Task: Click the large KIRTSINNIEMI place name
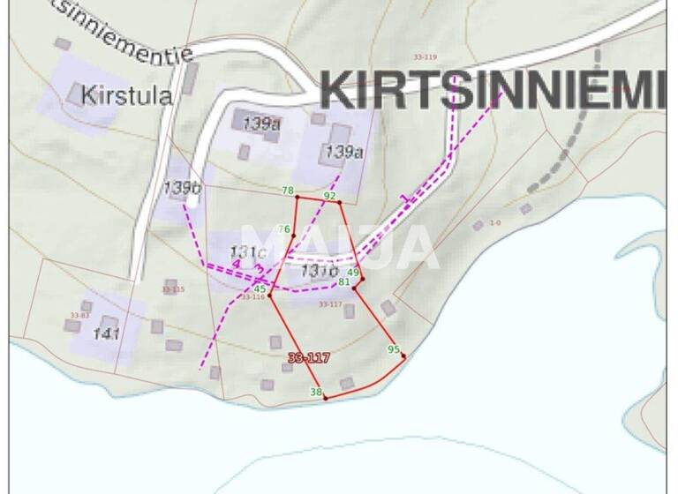click(x=492, y=89)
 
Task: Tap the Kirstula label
click(x=125, y=95)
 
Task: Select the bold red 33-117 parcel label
click(x=309, y=357)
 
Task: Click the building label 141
click(x=106, y=333)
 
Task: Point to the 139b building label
click(x=183, y=187)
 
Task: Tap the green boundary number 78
click(x=288, y=191)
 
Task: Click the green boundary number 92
click(x=330, y=196)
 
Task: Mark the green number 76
click(x=283, y=230)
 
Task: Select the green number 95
click(x=394, y=349)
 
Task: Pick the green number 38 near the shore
click(x=315, y=392)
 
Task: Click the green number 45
click(x=260, y=289)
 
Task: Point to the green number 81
click(x=344, y=282)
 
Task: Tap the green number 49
click(x=353, y=273)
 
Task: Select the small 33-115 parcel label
click(x=174, y=289)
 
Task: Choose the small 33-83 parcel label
click(x=79, y=315)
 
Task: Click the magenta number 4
click(x=236, y=264)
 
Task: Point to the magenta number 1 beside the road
click(x=404, y=198)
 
